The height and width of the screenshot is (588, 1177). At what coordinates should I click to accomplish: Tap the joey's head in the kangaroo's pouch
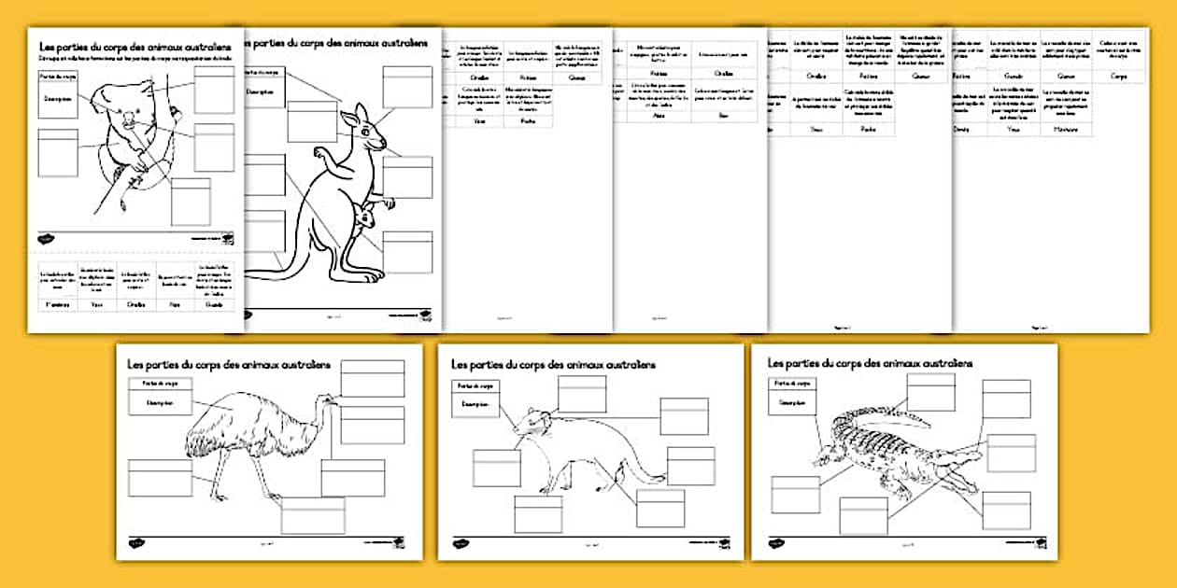coord(362,217)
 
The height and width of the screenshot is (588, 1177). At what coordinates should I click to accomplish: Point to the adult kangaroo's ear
coord(353,115)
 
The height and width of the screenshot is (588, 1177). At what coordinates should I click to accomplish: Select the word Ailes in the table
coord(659,115)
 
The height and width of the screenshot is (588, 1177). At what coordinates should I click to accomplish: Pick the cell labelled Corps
coord(1119,76)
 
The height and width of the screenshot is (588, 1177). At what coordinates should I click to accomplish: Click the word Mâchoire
coord(1065,130)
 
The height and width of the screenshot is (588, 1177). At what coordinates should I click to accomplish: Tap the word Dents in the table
coord(962,130)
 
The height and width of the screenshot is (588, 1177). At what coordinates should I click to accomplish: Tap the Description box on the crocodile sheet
coord(793,402)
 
